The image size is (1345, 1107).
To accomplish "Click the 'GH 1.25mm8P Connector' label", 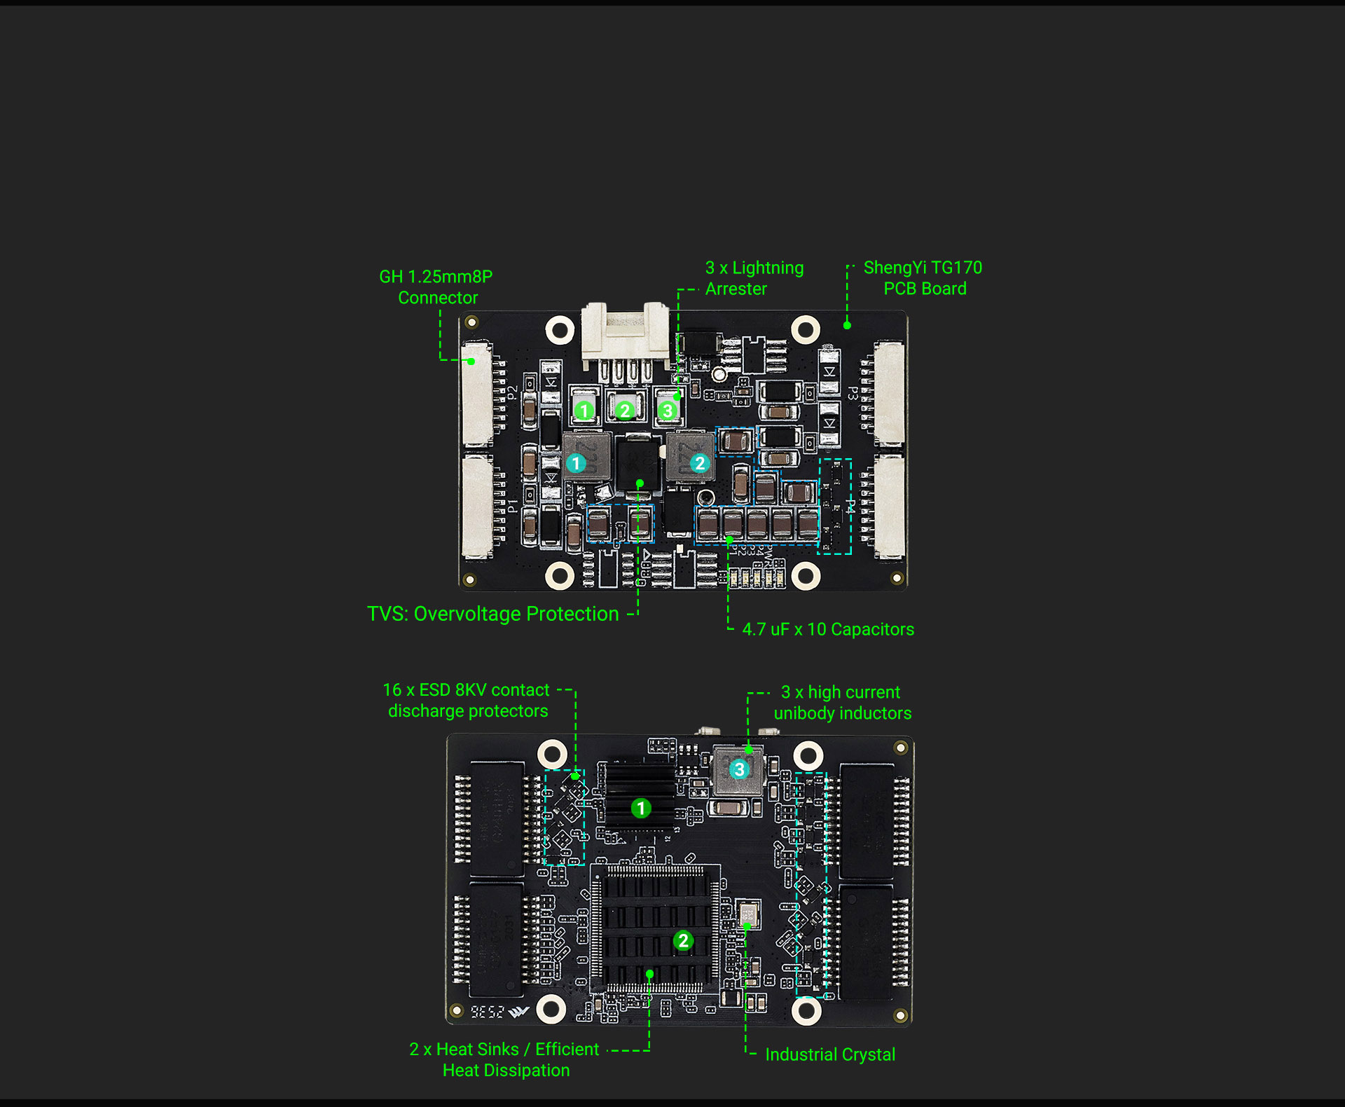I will [436, 287].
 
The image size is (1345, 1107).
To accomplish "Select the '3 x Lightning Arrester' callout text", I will [754, 278].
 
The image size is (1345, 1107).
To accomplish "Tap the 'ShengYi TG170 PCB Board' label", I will [923, 278].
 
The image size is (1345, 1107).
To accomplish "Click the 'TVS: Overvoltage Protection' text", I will [492, 614].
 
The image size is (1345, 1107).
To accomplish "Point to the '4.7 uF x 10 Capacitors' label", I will [828, 629].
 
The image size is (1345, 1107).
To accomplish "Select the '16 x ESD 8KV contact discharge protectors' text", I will [467, 701].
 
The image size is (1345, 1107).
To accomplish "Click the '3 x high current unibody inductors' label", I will [842, 703].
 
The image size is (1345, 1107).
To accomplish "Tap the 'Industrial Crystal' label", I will [830, 1054].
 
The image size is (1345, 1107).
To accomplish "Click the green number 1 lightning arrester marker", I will [584, 411].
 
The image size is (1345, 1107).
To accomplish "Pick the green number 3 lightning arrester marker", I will [668, 411].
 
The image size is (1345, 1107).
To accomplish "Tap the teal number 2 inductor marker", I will [699, 463].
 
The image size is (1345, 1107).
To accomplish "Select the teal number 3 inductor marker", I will [739, 769].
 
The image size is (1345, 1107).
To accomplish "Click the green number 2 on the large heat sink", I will [683, 940].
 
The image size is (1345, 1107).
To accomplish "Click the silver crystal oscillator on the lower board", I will [749, 914].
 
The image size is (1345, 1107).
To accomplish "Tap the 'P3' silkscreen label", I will [853, 393].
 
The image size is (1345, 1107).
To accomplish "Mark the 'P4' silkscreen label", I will [850, 506].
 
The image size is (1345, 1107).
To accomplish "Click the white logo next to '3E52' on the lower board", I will [518, 1012].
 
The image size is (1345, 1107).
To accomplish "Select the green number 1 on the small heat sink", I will [640, 809].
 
